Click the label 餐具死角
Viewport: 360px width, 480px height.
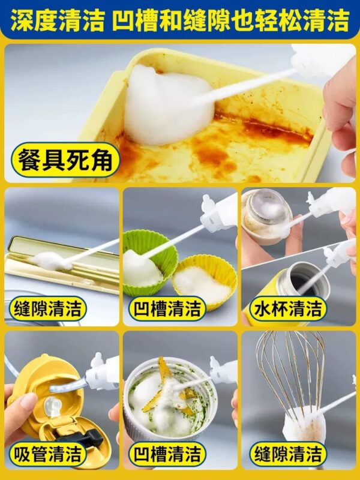point(65,160)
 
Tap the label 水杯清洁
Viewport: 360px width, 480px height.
point(288,308)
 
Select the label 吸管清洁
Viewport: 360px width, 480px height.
point(48,454)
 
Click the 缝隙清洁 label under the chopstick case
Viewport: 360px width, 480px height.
point(48,308)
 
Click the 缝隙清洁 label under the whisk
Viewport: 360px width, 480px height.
point(288,454)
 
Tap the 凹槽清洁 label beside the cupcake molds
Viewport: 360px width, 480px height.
point(167,308)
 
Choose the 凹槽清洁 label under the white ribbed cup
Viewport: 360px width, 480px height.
point(167,454)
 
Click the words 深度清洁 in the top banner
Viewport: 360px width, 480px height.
point(58,20)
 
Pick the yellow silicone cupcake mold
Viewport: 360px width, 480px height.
point(205,281)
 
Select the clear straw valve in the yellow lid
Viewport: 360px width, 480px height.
point(52,407)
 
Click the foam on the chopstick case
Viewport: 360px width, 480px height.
point(50,261)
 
